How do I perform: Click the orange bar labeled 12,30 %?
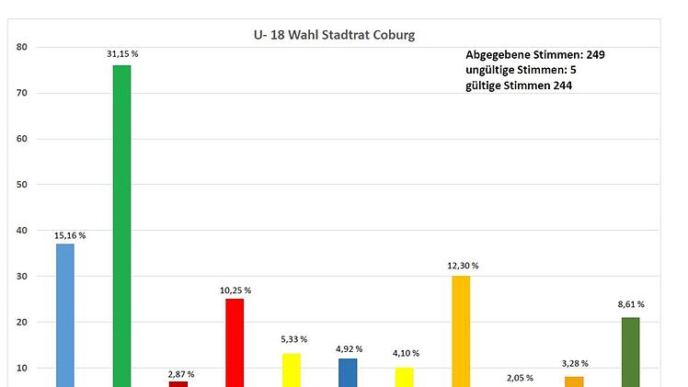pos(461,331)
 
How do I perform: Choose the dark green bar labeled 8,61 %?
pos(630,351)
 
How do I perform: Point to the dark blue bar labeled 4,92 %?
pos(348,372)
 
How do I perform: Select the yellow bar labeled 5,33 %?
pos(291,370)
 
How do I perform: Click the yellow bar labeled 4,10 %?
pos(405,377)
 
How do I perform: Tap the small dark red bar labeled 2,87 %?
pos(178,383)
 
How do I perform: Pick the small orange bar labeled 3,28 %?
pos(574,381)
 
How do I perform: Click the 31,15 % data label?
pos(121,54)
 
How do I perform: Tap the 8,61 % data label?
pos(630,303)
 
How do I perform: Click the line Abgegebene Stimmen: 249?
pos(534,55)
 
